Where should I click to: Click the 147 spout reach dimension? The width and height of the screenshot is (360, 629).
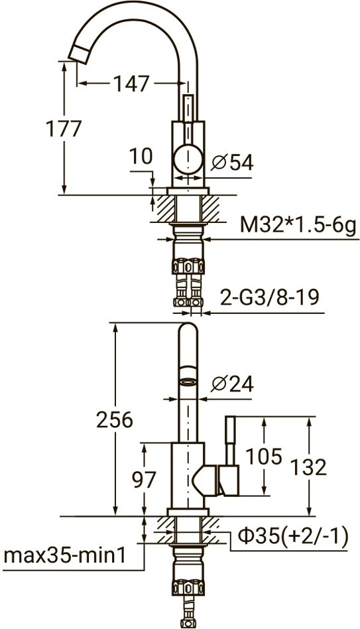point(131,84)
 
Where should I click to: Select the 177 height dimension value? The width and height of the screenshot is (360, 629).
point(64,129)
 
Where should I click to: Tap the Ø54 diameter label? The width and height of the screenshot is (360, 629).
point(233,163)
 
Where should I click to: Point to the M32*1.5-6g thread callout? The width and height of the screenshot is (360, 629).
point(298,225)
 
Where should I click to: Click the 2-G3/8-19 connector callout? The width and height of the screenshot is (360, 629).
point(269,298)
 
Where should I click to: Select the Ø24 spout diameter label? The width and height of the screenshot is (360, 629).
point(233,384)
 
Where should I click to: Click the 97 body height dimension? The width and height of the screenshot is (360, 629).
point(144,479)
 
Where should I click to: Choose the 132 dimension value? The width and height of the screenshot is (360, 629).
point(308,467)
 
